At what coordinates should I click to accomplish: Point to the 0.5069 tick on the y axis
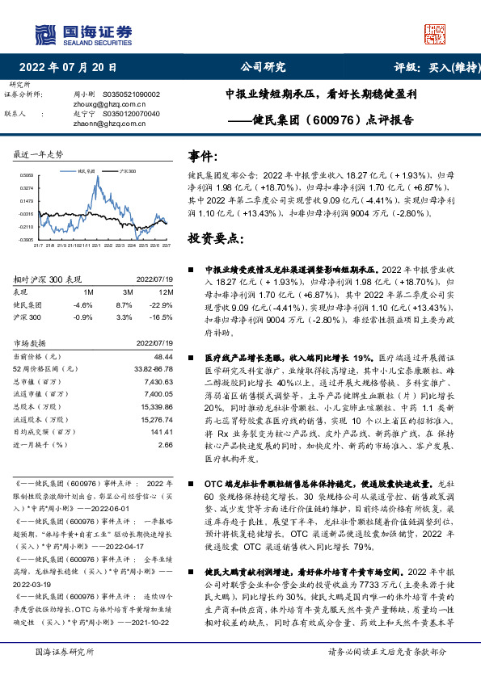click(27, 175)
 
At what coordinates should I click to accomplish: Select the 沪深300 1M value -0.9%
click(83, 319)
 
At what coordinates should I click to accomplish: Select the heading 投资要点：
click(216, 238)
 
